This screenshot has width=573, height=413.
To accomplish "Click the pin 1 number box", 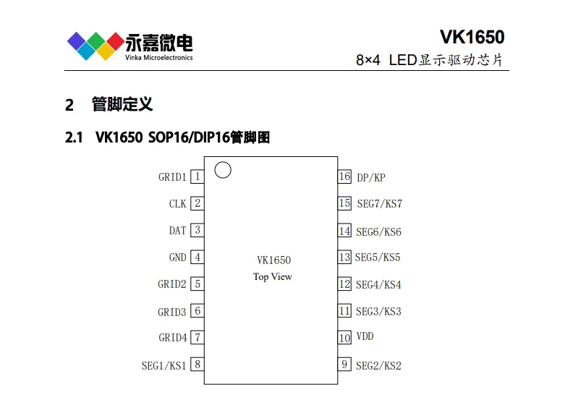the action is [198, 176].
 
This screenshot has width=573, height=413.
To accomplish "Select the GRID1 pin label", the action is [172, 177].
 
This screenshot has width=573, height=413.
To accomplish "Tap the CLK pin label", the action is [177, 204].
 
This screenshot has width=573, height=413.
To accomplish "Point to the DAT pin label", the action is [177, 231].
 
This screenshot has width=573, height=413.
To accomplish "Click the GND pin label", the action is [177, 257].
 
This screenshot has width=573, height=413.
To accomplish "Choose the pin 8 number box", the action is [198, 364].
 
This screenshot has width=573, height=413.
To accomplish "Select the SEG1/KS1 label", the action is [164, 365].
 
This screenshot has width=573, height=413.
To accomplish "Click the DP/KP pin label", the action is [371, 178].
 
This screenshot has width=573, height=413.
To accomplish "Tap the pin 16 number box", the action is [344, 176].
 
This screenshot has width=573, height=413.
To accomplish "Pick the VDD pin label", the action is [365, 336].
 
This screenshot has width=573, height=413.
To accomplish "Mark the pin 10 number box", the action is [344, 338].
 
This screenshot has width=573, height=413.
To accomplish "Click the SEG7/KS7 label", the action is [380, 203].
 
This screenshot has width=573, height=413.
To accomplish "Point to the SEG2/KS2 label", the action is [378, 365].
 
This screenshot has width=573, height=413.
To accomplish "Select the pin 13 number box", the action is [344, 257].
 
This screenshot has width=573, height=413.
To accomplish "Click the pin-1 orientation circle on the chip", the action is [223, 162].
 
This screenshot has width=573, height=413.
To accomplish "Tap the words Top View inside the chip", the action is [273, 277].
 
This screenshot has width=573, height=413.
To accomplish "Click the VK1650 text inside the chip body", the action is [273, 260].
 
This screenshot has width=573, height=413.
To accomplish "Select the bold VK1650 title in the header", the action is [472, 37].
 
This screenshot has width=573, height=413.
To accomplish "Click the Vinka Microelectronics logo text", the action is [158, 57].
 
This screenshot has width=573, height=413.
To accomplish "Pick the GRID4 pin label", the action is [172, 337].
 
